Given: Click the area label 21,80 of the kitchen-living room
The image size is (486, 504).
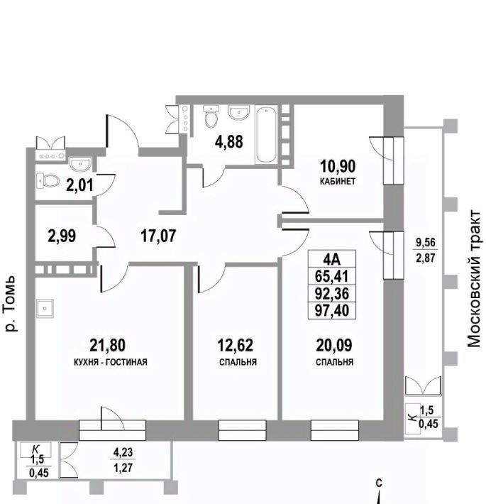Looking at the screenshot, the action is (107, 345).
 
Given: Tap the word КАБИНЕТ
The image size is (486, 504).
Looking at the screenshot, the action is (338, 181).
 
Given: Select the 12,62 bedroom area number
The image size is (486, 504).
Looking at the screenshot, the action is (235, 345).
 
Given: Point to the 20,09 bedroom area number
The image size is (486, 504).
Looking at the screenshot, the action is (334, 345).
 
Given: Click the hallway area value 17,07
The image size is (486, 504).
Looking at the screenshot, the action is (158, 236).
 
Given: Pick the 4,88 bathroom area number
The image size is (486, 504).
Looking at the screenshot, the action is (228, 142).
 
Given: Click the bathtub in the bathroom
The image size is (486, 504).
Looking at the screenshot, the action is (266, 135).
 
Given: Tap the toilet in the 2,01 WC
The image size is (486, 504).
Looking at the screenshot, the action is (48, 180).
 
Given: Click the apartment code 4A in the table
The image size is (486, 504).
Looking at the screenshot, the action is (332, 259).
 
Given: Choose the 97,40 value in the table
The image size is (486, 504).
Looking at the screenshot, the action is (332, 310).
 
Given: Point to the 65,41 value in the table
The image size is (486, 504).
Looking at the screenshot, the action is (332, 276).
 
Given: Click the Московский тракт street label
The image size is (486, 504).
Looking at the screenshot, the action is (474, 279).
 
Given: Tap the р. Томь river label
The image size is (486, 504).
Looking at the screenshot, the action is (11, 303).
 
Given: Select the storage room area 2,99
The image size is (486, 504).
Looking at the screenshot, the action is (62, 236).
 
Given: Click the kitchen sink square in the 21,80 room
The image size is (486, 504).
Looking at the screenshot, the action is (45, 309).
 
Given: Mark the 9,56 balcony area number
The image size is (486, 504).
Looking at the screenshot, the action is (426, 243).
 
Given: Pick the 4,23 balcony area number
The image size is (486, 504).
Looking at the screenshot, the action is (123, 452).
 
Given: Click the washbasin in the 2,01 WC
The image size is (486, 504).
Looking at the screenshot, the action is (80, 164).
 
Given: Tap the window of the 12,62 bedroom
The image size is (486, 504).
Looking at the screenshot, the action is (243, 430).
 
